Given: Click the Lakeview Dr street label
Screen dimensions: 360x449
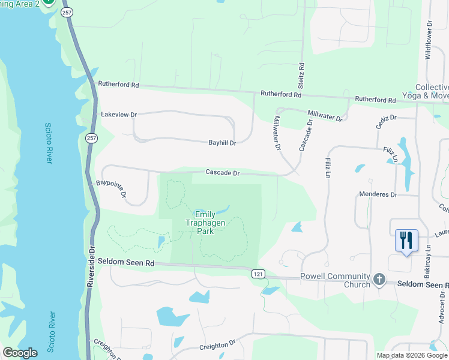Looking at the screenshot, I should tap(119, 114).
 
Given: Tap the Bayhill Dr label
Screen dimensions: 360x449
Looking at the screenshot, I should tap(222, 143).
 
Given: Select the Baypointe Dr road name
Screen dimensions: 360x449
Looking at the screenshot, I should tap(111, 188).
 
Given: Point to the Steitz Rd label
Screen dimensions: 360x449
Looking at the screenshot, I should tap(301, 74).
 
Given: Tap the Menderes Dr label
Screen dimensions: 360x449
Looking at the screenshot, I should tap(378, 194).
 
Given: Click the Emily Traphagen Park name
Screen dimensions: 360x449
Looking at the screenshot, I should tap(212, 223).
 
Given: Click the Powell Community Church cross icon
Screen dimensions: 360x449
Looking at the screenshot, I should tap(379, 279).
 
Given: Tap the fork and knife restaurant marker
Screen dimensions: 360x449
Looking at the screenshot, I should tap(406, 241).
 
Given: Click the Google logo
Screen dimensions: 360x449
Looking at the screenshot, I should tap(20, 353).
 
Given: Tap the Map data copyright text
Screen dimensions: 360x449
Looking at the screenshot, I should tap(412, 355).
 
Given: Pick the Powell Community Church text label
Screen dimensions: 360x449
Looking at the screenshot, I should tap(336, 281).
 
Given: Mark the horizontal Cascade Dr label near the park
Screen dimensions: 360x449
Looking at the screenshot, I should tap(223, 173).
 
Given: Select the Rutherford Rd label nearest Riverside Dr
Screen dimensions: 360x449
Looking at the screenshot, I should tap(119, 85).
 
